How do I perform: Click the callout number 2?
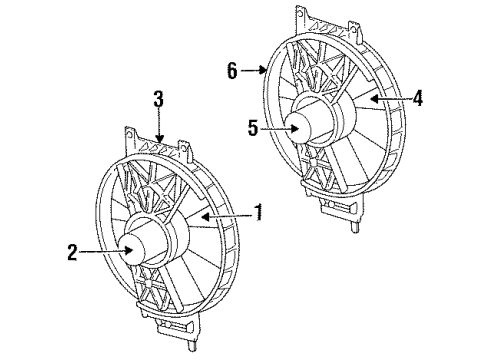[x=72, y=254]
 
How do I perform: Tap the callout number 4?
[x=419, y=97]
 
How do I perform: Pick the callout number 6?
[x=232, y=71]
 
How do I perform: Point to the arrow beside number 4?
[x=390, y=98]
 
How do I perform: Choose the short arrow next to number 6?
[x=254, y=71]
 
